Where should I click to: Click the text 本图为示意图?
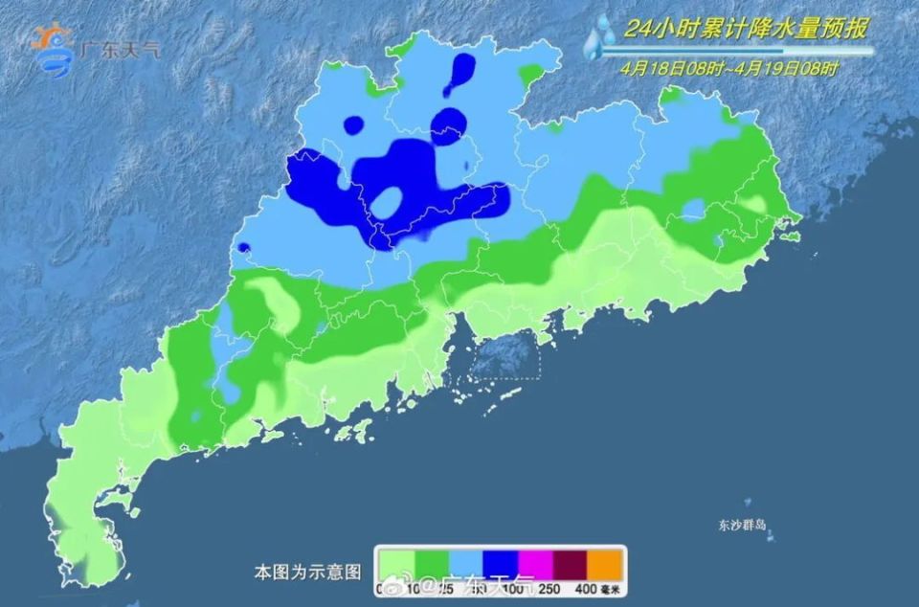tap(307, 573)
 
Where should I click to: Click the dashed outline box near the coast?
tap(507, 356)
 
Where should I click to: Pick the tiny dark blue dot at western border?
tap(242, 248)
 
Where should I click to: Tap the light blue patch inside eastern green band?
tap(692, 210)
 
